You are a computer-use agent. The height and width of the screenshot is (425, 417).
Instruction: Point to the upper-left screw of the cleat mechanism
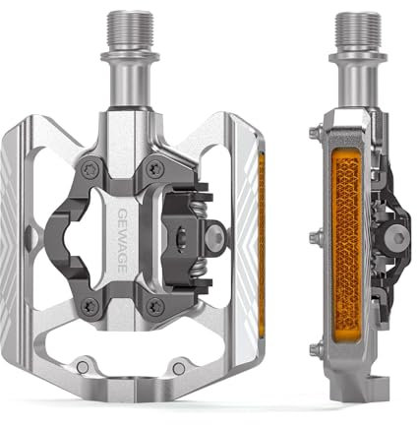tap(91, 166)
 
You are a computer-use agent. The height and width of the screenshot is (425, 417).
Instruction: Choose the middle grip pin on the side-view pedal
tap(314, 235)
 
